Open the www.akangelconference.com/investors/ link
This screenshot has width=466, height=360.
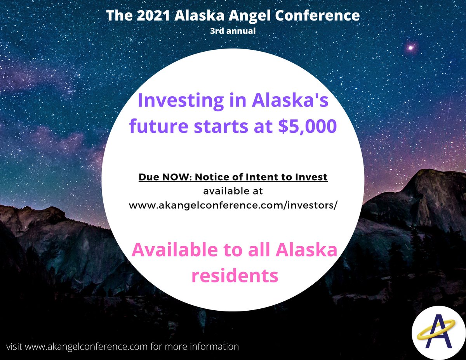(233, 205)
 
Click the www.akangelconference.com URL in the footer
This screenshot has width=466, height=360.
(86, 346)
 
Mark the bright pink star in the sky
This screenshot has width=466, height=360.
(410, 48)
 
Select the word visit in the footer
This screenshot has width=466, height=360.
(14, 346)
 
